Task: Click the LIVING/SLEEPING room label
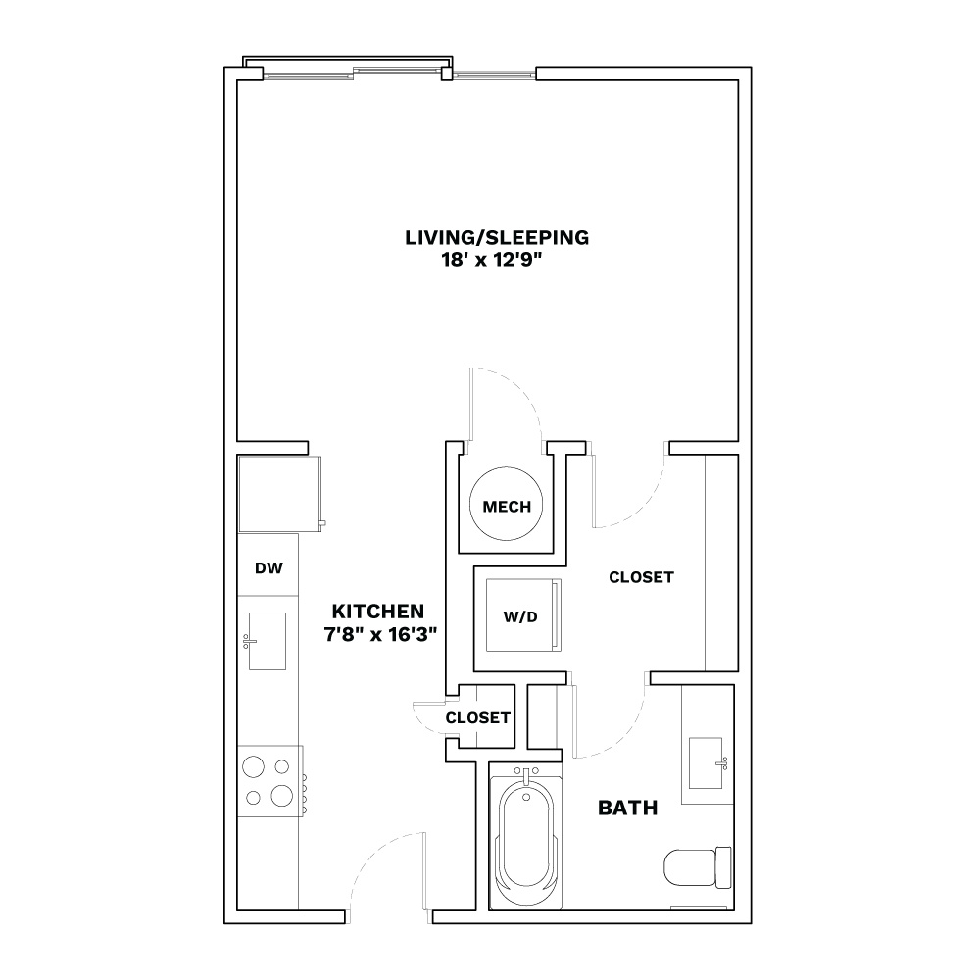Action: tap(497, 237)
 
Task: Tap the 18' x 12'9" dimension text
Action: tap(491, 260)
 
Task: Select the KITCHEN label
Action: tap(378, 611)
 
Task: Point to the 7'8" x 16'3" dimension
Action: tap(380, 634)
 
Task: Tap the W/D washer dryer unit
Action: tap(523, 615)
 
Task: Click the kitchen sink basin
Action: tap(268, 641)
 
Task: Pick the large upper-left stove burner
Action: tap(253, 766)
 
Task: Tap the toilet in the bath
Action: tap(697, 867)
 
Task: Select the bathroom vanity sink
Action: tap(706, 763)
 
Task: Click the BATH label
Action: tap(627, 808)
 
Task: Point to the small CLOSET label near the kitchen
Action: tap(477, 718)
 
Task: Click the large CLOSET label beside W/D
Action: tap(641, 577)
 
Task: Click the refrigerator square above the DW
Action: tap(280, 494)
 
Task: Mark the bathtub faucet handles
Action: tap(526, 772)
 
